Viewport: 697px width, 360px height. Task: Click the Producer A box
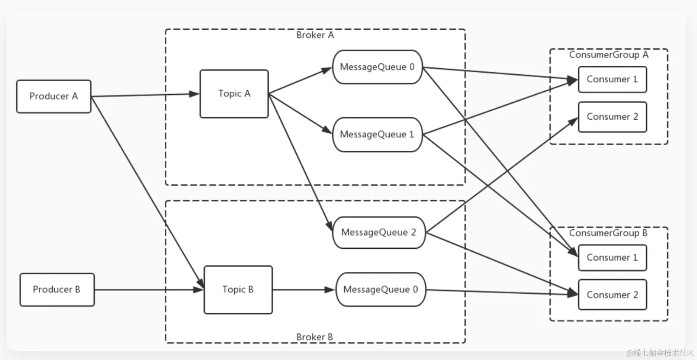point(54,96)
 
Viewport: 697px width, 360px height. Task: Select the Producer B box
point(57,290)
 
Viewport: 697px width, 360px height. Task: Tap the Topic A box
point(234,94)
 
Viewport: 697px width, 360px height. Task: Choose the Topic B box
point(239,290)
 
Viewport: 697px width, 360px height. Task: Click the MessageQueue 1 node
point(377,135)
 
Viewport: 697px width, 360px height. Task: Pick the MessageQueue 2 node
point(379,232)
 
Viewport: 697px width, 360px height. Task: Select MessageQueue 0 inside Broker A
point(377,67)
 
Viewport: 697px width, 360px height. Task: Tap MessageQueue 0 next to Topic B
point(381,290)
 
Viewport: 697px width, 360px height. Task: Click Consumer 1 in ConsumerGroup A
point(613,79)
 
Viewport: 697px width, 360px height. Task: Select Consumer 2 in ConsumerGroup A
point(613,117)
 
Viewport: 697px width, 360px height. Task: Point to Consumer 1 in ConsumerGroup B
point(613,258)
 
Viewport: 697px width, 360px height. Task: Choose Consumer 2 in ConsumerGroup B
point(613,295)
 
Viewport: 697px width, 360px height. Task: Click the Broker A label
point(315,35)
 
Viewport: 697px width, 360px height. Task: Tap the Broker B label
point(315,337)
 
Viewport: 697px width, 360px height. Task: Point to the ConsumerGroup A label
point(609,55)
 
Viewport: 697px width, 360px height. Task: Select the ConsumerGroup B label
point(608,233)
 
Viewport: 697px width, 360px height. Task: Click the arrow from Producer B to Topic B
point(149,290)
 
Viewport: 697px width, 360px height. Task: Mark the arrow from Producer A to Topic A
point(145,95)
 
